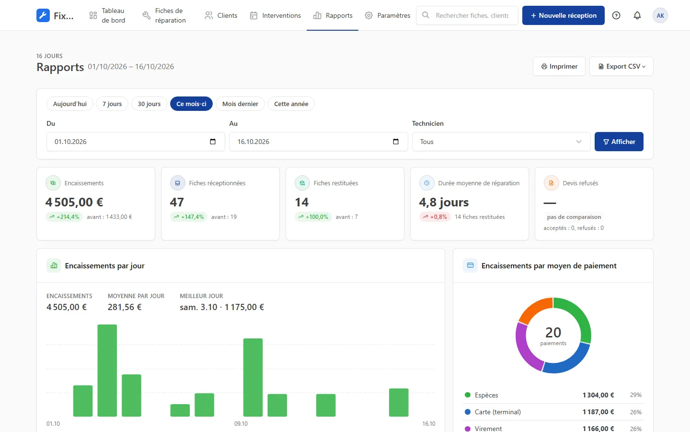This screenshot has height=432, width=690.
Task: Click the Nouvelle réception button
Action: click(563, 15)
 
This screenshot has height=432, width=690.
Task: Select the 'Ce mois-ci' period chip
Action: click(191, 104)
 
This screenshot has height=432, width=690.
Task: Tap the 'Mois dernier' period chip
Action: click(240, 104)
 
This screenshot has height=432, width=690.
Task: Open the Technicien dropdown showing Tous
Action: click(501, 142)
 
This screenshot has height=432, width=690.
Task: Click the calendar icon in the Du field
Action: click(213, 142)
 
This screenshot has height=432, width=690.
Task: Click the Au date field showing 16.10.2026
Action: click(319, 142)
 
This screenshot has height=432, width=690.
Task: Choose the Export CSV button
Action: click(621, 66)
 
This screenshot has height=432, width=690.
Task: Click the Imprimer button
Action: click(559, 66)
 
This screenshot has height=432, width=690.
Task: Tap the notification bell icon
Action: click(637, 15)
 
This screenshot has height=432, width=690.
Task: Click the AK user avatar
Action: click(660, 15)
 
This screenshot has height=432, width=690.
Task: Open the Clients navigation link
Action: click(221, 15)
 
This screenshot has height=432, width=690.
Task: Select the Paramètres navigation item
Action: click(388, 15)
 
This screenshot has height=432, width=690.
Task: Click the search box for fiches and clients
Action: click(467, 15)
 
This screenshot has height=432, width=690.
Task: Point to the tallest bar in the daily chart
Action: click(107, 370)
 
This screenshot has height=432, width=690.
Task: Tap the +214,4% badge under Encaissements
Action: click(64, 217)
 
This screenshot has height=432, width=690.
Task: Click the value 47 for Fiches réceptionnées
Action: click(177, 203)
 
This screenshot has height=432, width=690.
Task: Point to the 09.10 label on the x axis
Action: click(241, 424)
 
